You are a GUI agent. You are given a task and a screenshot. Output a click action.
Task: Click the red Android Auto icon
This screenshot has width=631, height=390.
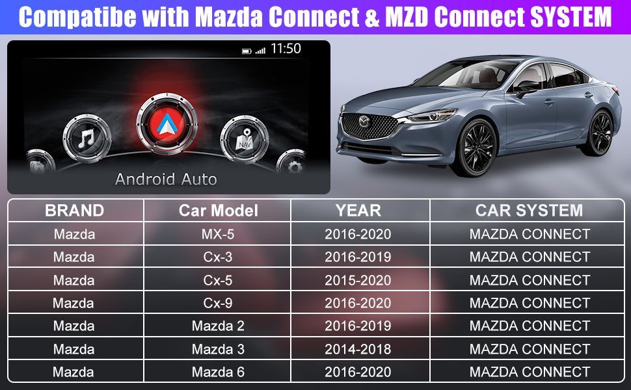pos(167,123)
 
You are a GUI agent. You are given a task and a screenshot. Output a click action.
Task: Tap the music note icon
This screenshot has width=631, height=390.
pos(87,138)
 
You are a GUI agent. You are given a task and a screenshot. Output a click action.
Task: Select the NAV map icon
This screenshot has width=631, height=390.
pos(245,139)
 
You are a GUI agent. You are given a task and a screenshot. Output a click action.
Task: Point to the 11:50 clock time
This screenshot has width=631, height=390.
pos(286,49)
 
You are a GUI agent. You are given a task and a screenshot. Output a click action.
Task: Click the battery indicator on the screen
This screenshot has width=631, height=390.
pos(247,51)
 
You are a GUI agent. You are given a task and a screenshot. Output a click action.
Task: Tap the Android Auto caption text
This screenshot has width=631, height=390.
pos(166,179)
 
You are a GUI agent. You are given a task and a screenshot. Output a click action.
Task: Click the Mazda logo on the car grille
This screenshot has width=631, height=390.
pos(364,122)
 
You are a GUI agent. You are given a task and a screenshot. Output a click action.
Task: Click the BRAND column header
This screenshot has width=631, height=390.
pos(74,211)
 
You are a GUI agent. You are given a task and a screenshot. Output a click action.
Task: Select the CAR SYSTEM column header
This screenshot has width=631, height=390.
pos(529,211)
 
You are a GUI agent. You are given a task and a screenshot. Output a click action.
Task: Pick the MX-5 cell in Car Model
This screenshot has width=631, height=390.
pos(218,234)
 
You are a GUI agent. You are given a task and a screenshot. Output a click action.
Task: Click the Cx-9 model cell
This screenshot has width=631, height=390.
pos(218,303)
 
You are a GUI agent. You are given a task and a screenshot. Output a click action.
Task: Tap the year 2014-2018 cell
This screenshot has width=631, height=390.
pos(358,349)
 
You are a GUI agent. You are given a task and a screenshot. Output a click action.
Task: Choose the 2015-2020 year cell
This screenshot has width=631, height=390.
pos(358,280)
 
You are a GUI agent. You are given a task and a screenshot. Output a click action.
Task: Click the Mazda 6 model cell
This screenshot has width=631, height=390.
pos(218,372)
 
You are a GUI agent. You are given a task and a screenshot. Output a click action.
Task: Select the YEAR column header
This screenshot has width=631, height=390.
pos(358,211)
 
